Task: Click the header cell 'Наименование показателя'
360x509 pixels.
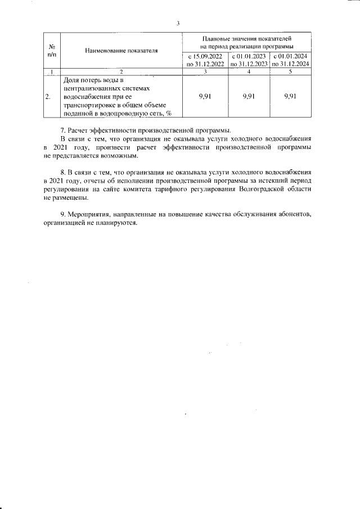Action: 121,51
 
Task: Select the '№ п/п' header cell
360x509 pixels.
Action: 51,49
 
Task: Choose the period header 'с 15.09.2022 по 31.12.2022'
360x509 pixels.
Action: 206,60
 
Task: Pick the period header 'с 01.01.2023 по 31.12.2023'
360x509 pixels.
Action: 249,60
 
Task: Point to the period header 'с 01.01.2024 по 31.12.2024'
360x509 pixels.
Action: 291,60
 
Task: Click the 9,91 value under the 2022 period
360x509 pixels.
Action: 206,96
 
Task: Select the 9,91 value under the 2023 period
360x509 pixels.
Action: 249,96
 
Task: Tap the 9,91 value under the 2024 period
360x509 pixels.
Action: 291,96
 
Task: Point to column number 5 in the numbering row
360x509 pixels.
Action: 291,72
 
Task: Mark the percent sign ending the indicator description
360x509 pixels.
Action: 168,113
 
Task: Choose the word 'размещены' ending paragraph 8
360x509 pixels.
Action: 72,199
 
